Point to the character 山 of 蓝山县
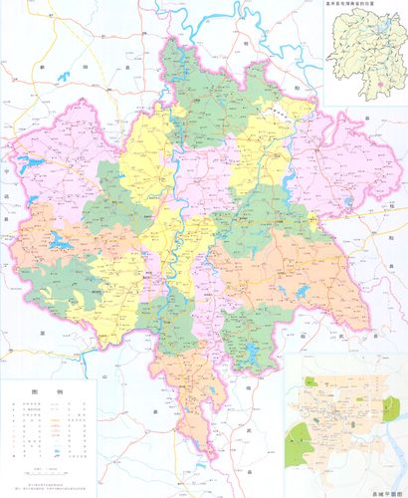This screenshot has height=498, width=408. (104, 379)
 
